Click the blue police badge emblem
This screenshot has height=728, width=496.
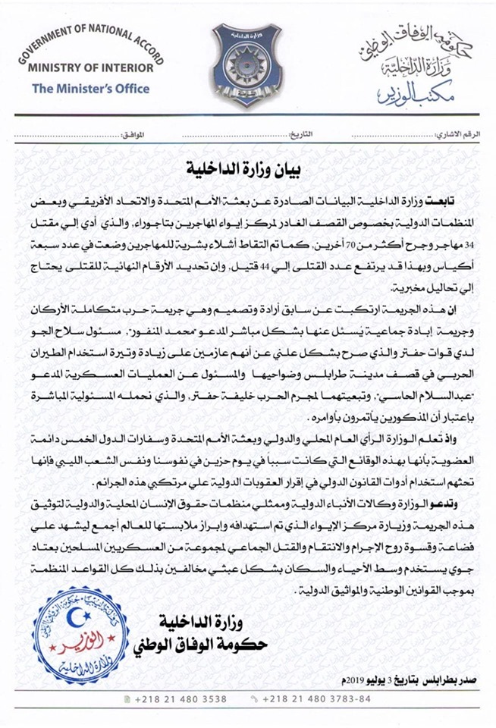pyautogui.click(x=247, y=64)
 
